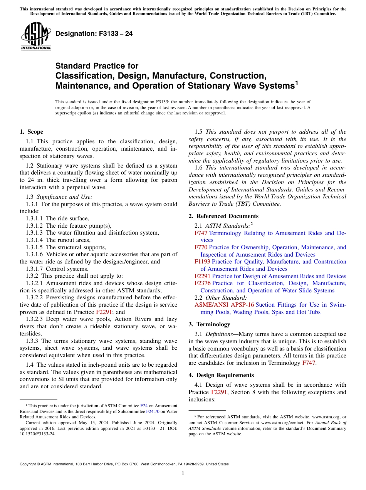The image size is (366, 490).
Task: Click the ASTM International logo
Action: click(36, 36)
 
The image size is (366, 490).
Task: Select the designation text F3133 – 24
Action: click(94, 34)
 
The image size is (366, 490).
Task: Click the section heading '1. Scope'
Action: click(31, 132)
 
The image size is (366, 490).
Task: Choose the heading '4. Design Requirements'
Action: click(221, 375)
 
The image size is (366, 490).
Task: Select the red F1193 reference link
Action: click(202, 262)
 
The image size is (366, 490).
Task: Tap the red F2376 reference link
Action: click(202, 283)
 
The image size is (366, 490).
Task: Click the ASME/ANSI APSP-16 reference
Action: click(224, 305)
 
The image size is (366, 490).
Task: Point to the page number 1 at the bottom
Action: click(183, 473)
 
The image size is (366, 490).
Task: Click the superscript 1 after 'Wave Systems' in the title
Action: click(297, 82)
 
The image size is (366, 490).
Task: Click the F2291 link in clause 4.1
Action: click(219, 392)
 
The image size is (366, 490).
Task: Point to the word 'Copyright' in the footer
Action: click(29, 464)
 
